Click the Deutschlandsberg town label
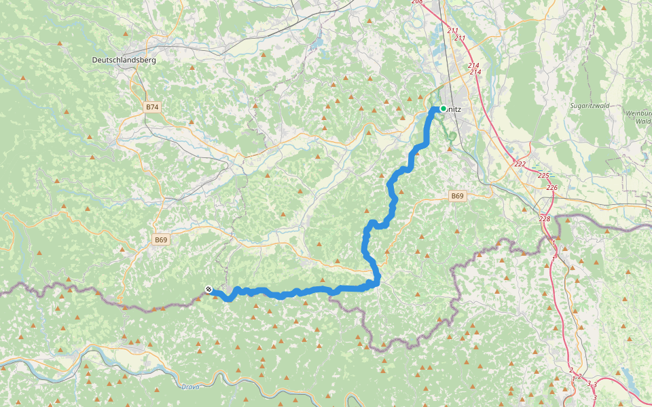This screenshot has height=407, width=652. click(124, 60)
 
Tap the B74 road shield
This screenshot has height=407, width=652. click(152, 107)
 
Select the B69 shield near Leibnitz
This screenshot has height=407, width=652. click(458, 196)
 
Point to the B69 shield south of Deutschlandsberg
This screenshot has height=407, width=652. click(160, 239)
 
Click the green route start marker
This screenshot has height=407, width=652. click(443, 108)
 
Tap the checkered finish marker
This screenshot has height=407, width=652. click(209, 290)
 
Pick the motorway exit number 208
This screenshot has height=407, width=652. click(417, 2)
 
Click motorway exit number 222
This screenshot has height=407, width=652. click(520, 164)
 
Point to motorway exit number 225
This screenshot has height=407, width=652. click(543, 175)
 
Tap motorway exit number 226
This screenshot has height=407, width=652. click(551, 187)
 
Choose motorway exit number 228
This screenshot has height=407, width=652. click(545, 218)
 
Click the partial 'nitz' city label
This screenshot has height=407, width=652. click(455, 108)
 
